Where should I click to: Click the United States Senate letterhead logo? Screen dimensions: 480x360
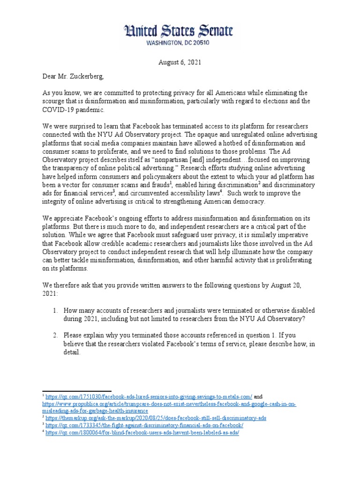[x=178, y=31]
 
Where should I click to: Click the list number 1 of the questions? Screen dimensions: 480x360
[x=55, y=311]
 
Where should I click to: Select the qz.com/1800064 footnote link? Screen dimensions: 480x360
[x=142, y=433]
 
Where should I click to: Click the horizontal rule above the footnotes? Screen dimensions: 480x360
[x=77, y=390]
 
